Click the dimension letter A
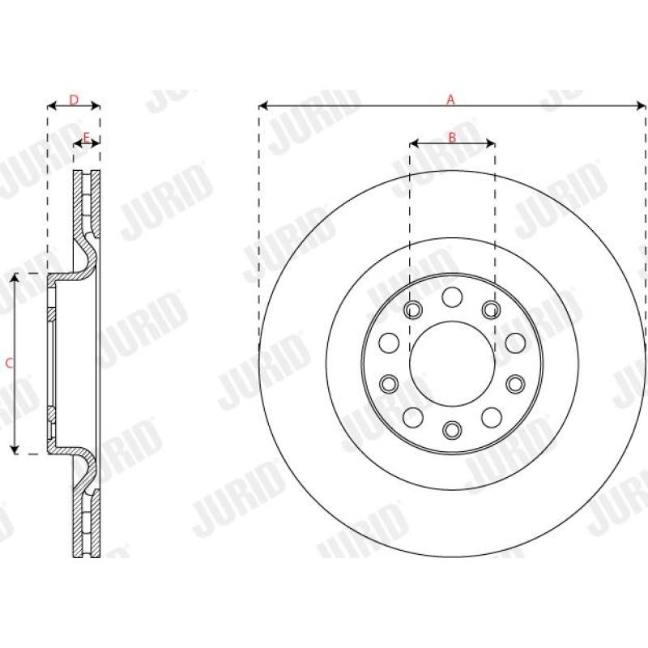click(x=452, y=100)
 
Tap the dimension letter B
click(x=452, y=138)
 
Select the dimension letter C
click(x=9, y=364)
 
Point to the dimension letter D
click(x=73, y=100)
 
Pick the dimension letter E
click(x=86, y=136)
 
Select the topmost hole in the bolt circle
click(x=452, y=296)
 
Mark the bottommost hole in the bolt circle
click(x=452, y=428)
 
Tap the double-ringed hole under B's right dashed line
click(x=491, y=309)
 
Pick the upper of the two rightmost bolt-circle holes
click(x=515, y=342)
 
